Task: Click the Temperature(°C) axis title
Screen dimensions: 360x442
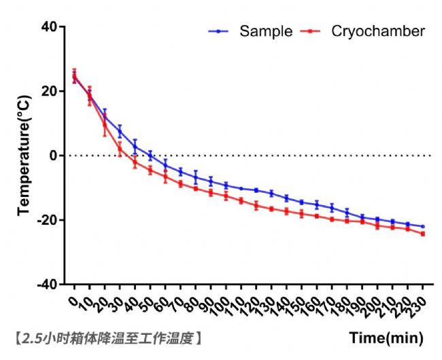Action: click(25, 155)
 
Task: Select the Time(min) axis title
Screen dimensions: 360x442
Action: click(386, 338)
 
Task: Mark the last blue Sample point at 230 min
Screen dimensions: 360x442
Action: click(422, 226)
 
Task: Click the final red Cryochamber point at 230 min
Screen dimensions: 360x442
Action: click(422, 234)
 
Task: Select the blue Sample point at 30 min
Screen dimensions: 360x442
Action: click(120, 131)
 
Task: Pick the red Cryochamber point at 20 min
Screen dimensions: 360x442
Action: click(105, 126)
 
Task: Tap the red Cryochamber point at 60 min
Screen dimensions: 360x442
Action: click(165, 177)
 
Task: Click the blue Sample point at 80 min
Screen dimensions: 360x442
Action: click(196, 177)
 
